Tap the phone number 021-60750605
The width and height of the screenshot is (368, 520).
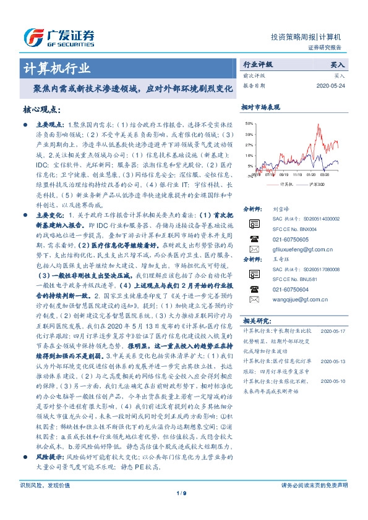click(291, 238)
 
